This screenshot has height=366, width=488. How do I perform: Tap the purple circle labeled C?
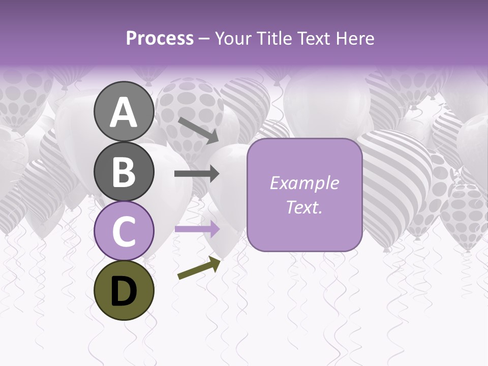pyautogui.click(x=124, y=231)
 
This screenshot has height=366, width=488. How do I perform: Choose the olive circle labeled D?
pyautogui.click(x=124, y=290)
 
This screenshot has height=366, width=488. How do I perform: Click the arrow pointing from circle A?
pyautogui.click(x=198, y=130)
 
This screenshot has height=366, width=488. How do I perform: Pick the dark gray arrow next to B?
pyautogui.click(x=197, y=174)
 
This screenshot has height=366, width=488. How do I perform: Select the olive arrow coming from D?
pyautogui.click(x=199, y=268)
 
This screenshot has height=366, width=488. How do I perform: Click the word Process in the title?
pyautogui.click(x=160, y=39)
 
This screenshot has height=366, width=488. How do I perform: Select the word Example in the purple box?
pyautogui.click(x=304, y=183)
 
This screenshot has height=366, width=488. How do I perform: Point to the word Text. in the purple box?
pyautogui.click(x=304, y=207)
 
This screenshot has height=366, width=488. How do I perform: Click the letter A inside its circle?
pyautogui.click(x=124, y=112)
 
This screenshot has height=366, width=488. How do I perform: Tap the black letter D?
pyautogui.click(x=124, y=291)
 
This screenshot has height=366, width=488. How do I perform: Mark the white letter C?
pyautogui.click(x=124, y=231)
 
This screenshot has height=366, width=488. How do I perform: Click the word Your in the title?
pyautogui.click(x=233, y=39)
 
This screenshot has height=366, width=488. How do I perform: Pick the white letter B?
pyautogui.click(x=124, y=172)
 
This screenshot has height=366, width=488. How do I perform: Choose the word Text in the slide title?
pyautogui.click(x=314, y=39)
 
